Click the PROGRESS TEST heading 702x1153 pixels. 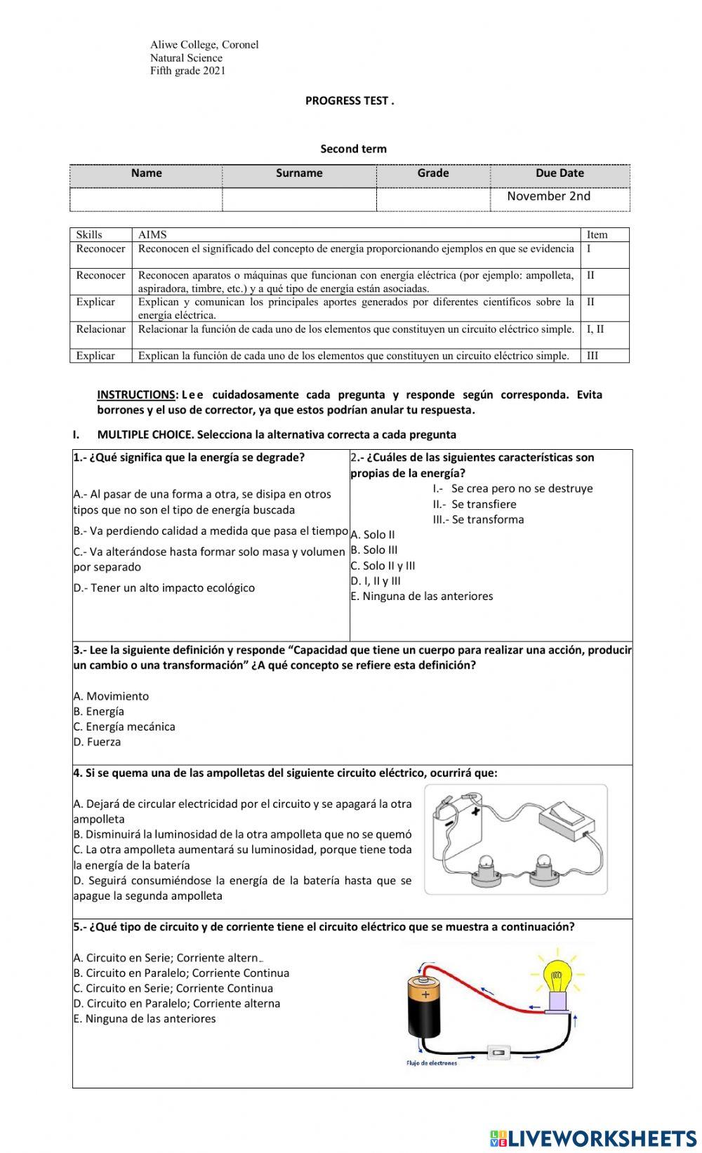(x=350, y=100)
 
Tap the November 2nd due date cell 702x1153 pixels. (x=548, y=196)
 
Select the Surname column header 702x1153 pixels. (x=299, y=173)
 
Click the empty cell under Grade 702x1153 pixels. (x=432, y=199)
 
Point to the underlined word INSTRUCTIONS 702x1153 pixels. (x=136, y=394)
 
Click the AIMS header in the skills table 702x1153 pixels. (x=152, y=234)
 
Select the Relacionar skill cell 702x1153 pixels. (x=100, y=329)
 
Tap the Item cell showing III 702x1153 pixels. (x=592, y=355)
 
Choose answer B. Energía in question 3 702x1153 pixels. (x=99, y=711)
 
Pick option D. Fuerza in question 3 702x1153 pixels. (x=97, y=742)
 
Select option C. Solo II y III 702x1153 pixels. (x=383, y=566)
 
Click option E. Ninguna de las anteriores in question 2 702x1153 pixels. (x=422, y=597)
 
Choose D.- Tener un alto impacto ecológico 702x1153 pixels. (x=164, y=588)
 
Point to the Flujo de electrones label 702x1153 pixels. (x=432, y=1063)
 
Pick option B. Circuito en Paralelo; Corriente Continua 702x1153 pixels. (x=181, y=973)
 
